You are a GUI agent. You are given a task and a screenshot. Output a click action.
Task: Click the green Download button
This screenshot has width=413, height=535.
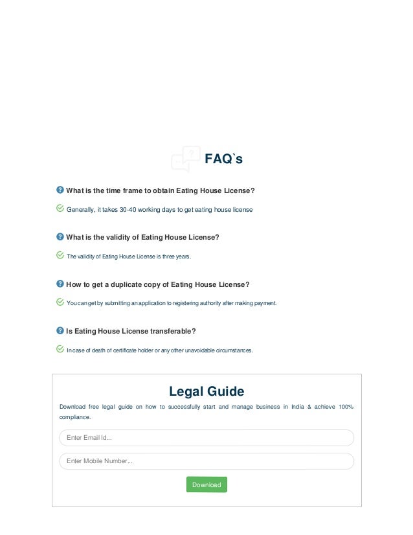coord(206,484)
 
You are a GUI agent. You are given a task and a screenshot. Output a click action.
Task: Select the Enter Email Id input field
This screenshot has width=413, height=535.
coord(206,438)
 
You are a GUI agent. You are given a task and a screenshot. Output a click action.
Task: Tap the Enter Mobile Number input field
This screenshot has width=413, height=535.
coord(206,461)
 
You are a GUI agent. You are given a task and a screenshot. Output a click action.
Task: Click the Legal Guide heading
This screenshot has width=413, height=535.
coord(206,391)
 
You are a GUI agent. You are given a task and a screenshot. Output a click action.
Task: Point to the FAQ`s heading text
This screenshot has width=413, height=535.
coord(223,159)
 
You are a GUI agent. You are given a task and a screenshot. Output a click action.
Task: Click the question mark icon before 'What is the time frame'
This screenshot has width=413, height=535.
coord(60,190)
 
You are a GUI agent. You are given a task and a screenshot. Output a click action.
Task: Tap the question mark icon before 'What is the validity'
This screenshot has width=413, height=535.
coord(60,236)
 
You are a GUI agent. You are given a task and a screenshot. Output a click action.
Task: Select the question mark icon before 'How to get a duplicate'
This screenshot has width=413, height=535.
coord(60,284)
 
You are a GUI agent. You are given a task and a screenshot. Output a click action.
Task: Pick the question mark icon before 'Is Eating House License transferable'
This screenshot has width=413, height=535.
coord(60,330)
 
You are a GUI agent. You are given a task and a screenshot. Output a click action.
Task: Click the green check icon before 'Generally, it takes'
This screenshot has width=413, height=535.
coord(60,209)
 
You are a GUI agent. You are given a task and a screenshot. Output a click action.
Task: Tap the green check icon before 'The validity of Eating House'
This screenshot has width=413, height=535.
coord(60,255)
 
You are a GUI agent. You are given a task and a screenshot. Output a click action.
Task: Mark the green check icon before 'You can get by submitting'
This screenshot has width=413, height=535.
coord(60,302)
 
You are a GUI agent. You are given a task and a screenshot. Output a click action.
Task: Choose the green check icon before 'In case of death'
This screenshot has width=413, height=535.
coord(60,349)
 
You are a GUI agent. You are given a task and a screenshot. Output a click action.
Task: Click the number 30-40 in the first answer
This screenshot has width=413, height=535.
coord(128,210)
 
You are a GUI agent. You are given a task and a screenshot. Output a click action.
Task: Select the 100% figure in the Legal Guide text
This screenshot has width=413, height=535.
coord(346,407)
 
